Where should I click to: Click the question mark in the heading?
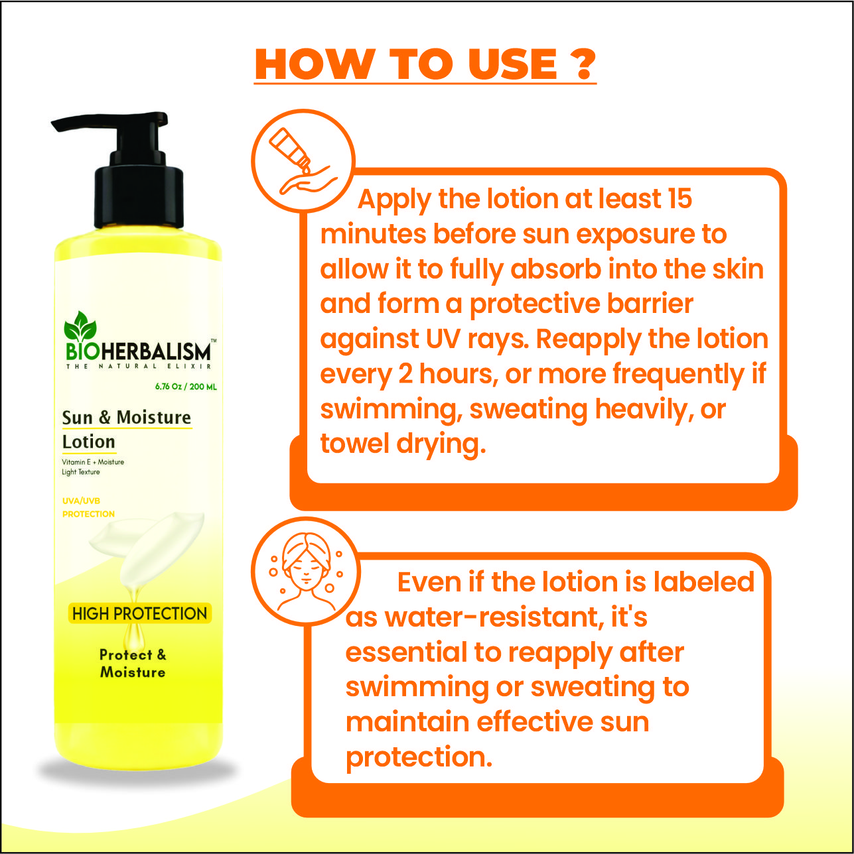580,64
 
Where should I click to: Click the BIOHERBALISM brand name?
138,352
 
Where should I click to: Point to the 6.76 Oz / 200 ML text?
186,387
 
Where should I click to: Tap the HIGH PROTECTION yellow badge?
140,613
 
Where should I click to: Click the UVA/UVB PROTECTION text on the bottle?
88,507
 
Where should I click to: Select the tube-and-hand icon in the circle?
304,161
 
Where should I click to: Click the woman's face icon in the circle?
306,572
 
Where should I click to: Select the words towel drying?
403,444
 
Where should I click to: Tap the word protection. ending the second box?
419,757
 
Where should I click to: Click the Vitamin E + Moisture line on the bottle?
93,461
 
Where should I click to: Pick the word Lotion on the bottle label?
89,442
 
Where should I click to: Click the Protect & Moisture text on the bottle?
133,664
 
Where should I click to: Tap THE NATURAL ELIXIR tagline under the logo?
139,367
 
